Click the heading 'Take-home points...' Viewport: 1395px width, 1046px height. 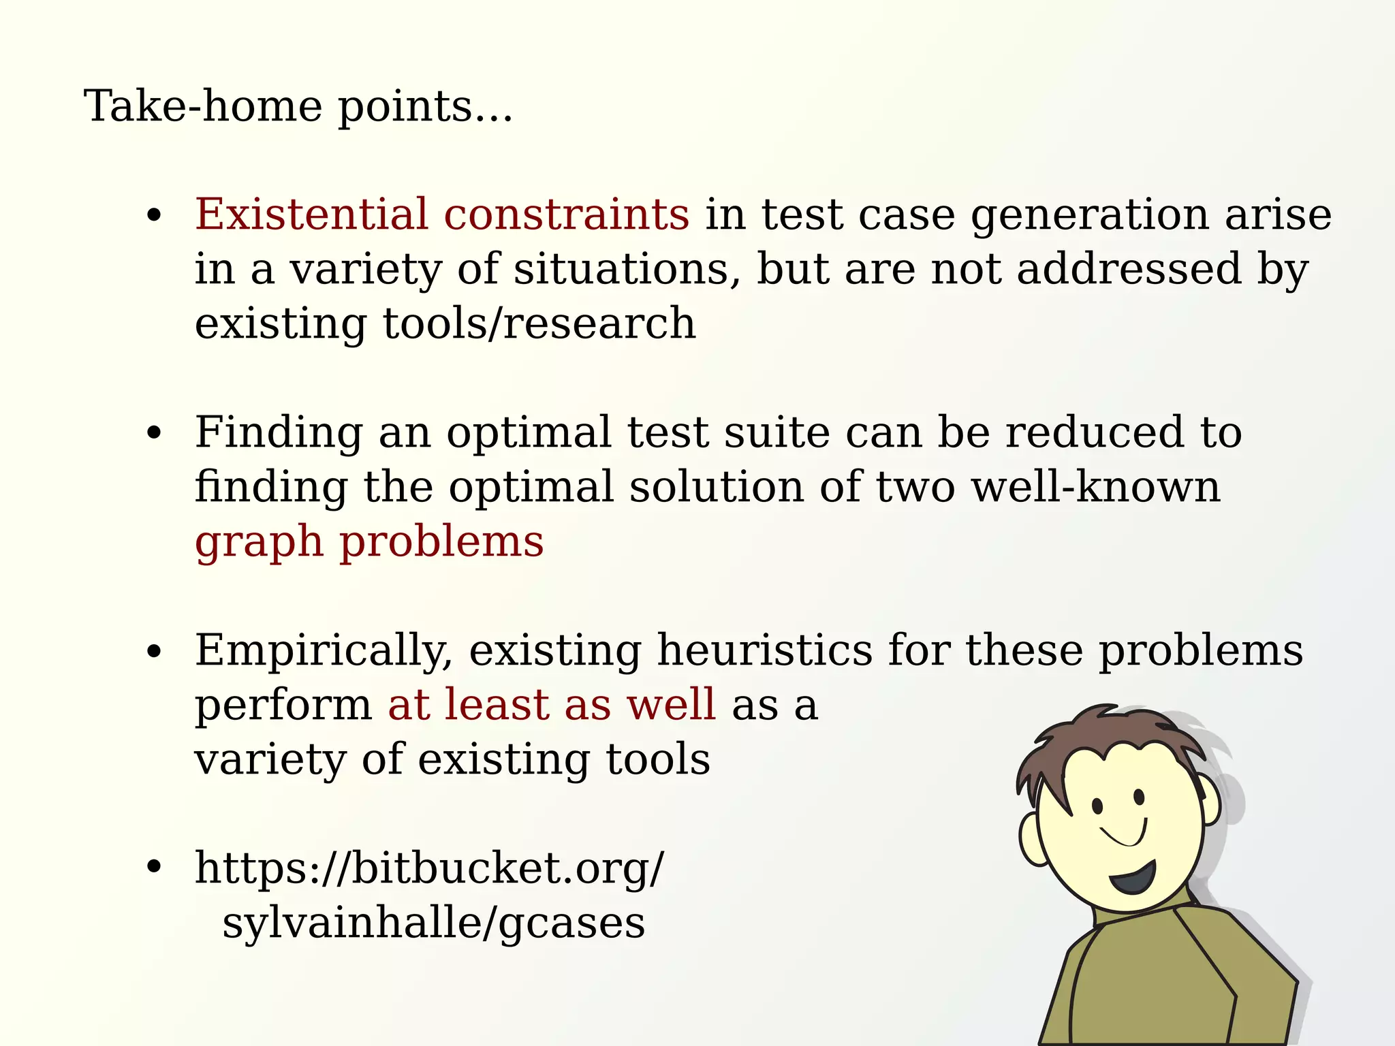click(298, 107)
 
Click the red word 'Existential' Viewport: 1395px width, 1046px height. click(311, 215)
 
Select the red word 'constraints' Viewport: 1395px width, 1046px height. click(566, 215)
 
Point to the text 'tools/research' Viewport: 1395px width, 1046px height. click(539, 323)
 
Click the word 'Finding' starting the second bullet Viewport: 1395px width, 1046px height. click(279, 434)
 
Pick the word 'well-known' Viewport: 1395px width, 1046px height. click(1095, 487)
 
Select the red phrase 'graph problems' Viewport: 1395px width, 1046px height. click(369, 543)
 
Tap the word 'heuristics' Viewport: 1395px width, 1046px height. click(764, 650)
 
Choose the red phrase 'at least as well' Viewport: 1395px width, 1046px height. click(552, 705)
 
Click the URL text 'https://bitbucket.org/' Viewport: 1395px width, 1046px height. click(429, 870)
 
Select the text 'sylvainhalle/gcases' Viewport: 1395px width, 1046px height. click(433, 924)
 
